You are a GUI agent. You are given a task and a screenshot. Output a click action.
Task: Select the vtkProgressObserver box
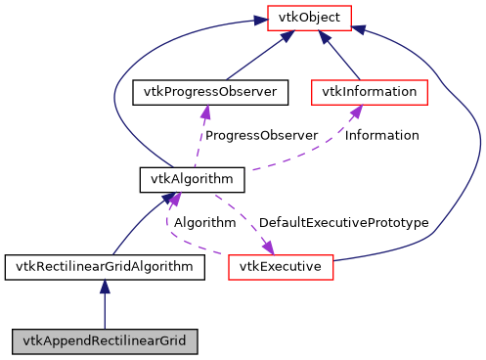point(210,93)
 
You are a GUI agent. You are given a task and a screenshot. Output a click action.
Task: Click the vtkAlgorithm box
point(192,180)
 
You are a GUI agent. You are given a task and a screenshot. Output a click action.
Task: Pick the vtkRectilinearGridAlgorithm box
point(105,266)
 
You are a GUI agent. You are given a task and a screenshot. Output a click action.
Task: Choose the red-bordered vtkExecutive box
point(282,266)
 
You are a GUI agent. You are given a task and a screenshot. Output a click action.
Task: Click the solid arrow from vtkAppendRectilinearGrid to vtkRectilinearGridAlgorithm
point(105,304)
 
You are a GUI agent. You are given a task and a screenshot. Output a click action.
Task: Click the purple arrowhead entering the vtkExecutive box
point(264,247)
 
